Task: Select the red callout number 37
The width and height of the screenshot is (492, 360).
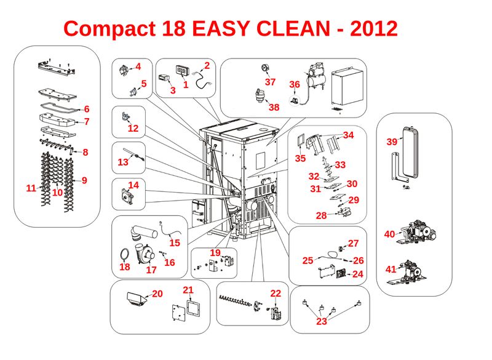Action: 270,82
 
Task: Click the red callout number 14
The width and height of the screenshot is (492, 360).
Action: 133,185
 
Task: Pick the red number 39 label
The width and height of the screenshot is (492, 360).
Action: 392,142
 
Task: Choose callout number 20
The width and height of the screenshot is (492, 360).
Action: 157,294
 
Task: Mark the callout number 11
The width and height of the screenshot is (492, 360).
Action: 31,188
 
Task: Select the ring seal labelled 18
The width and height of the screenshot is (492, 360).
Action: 124,254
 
